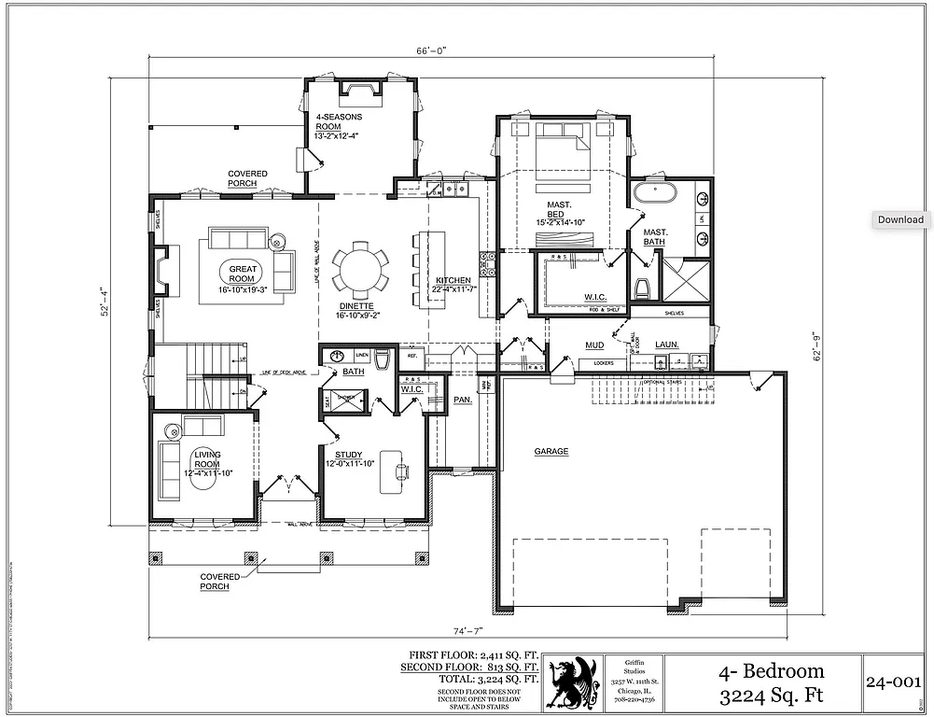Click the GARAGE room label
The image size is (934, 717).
[x=551, y=451]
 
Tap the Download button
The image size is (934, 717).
[x=900, y=219]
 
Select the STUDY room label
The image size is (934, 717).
[x=349, y=455]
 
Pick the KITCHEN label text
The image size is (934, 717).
[x=453, y=280]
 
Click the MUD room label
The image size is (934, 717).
[x=594, y=344]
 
